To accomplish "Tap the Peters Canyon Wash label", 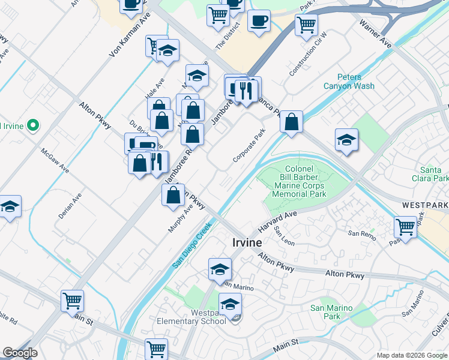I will coord(349,82).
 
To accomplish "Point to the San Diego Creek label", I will coord(191,246).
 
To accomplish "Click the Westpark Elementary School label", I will coord(191,316).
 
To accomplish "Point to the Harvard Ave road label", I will coord(278,222).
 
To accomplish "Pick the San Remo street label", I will coord(362,235).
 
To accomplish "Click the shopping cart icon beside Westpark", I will coord(406,227).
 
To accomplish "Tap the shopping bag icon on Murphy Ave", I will coord(173,194).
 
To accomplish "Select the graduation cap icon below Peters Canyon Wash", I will coord(346,140).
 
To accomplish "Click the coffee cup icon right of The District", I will coord(259,20).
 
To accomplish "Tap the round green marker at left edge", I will coord(33,126).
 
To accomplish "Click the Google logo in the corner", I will coord(20,353).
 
